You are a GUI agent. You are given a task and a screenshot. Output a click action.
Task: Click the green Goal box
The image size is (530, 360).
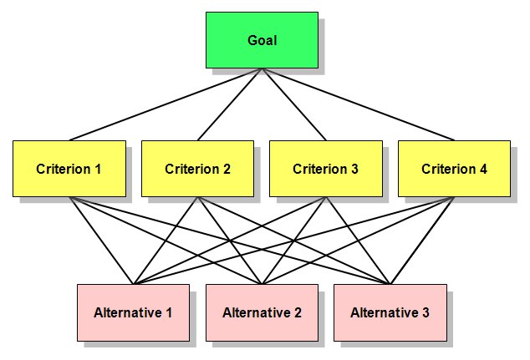pos(262,40)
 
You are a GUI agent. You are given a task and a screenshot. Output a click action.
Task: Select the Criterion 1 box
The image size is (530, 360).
pos(69,169)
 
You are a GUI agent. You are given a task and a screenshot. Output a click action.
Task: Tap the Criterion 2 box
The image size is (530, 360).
pos(198,169)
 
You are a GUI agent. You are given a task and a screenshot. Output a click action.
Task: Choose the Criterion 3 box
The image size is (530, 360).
pos(326,169)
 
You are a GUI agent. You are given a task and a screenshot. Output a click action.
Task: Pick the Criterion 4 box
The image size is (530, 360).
pos(454,169)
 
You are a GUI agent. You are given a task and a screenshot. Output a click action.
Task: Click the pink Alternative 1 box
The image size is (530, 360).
pos(133,312)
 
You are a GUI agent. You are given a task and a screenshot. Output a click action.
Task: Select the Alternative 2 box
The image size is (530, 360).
pos(262,312)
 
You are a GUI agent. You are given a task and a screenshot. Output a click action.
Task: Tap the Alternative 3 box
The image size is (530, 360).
pos(390,312)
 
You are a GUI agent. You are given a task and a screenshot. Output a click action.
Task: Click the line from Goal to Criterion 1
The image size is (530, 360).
pos(166,104)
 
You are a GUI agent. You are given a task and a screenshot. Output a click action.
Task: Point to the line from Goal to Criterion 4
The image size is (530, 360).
pos(359,104)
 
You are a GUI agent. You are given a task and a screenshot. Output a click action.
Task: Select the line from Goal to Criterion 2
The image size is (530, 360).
pos(230,104)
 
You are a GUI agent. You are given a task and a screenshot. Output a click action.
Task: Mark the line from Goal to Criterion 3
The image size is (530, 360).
pos(294,104)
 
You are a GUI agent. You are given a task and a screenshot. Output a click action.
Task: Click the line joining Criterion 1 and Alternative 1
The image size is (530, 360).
pos(101,241)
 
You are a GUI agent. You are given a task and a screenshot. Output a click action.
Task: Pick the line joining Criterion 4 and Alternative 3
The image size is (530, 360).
pos(422,241)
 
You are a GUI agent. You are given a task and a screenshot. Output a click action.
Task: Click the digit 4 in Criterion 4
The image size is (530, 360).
pos(483,169)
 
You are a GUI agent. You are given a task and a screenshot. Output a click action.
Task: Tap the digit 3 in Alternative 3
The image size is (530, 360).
pos(426,312)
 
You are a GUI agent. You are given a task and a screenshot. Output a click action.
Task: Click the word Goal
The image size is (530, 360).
pos(262,41)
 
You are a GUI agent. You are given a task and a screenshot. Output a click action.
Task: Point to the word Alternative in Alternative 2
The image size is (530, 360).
pos(256,312)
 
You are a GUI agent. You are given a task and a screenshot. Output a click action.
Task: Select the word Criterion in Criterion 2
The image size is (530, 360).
pos(192,169)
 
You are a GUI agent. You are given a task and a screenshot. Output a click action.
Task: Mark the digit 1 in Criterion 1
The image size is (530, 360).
pos(98,169)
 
